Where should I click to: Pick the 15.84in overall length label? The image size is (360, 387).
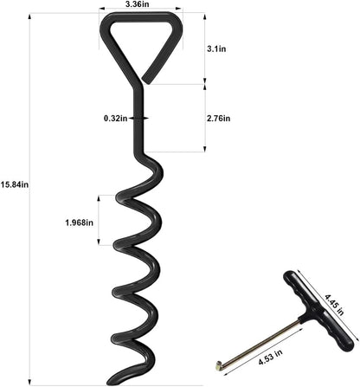[x=15, y=184]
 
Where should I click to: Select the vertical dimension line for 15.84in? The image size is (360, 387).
[x=32, y=199]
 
